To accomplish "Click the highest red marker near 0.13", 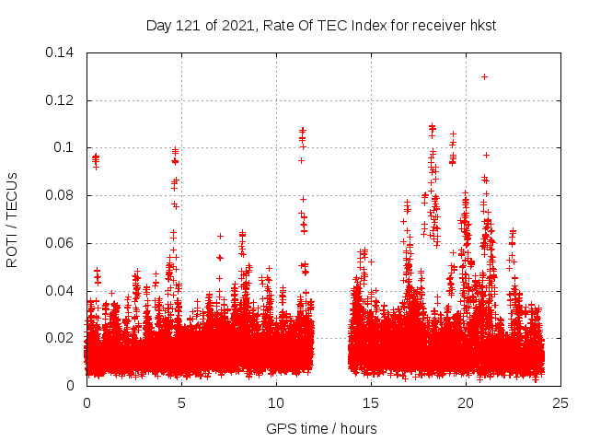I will [x=484, y=76].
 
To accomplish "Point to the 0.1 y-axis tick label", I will [x=65, y=148].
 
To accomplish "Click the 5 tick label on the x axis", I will [x=181, y=403].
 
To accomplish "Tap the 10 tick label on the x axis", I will [x=276, y=403].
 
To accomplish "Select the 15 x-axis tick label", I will [x=371, y=403].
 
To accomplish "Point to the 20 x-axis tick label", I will [x=466, y=403].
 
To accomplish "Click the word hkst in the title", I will [x=483, y=26].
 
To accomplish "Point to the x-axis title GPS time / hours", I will [x=321, y=428].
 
